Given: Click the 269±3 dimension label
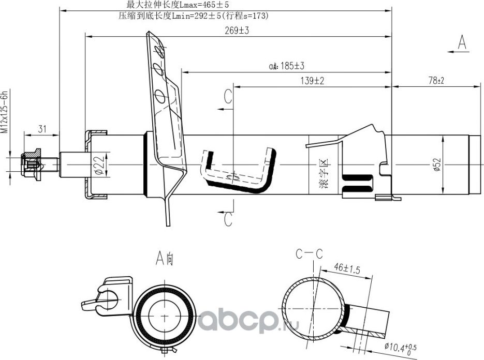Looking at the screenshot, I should click(x=237, y=31).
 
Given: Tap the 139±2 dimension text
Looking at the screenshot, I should click(x=312, y=81).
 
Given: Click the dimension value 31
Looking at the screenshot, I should click(x=41, y=129).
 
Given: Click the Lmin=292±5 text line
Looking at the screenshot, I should click(x=194, y=16).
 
